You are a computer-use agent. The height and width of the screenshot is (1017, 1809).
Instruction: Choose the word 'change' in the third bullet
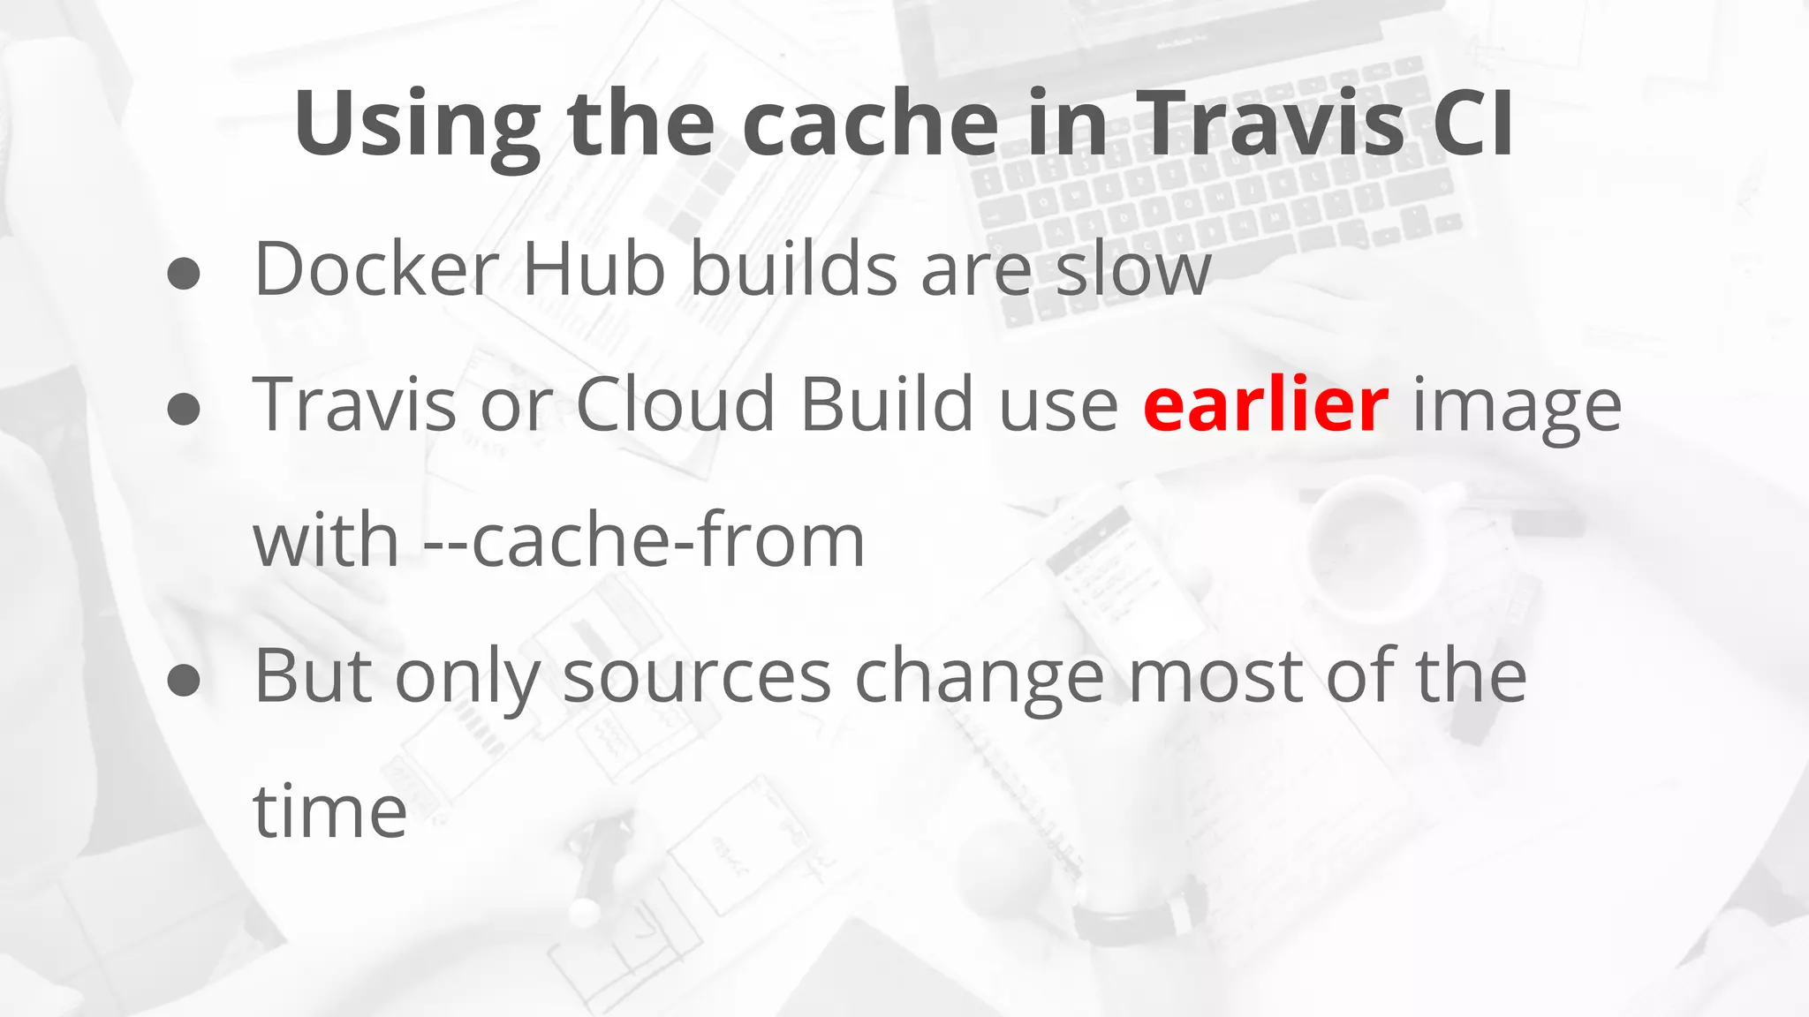click(x=979, y=678)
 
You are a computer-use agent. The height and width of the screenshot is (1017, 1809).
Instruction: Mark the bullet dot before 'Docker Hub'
click(x=184, y=274)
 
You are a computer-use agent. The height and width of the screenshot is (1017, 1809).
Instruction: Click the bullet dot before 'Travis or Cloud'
click(x=184, y=410)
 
